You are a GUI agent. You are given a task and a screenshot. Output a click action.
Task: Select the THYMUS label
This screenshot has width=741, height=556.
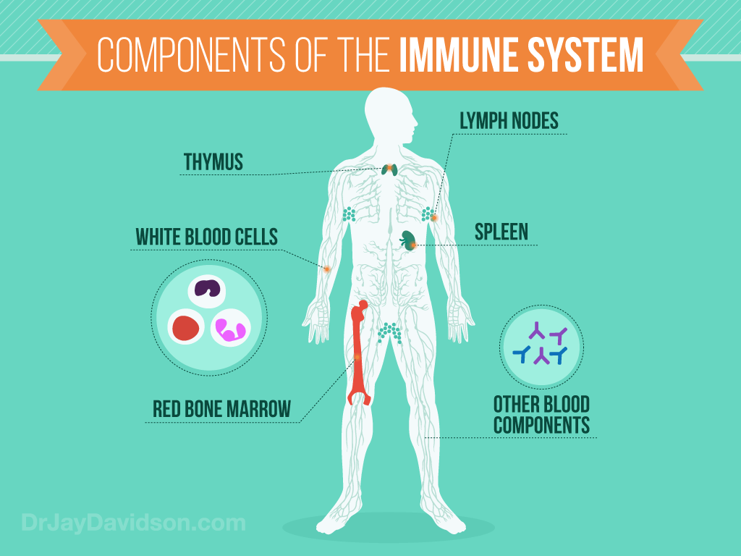(213, 163)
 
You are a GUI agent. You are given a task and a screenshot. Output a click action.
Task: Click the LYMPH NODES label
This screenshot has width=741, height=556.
(509, 121)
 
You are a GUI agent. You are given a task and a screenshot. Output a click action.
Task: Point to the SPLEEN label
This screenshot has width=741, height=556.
(501, 232)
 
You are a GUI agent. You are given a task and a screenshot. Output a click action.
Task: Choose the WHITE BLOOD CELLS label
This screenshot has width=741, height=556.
(206, 237)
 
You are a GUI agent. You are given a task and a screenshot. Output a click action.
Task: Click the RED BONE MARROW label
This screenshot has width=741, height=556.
(221, 409)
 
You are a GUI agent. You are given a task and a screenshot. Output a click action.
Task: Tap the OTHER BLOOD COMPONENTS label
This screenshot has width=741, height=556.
(541, 415)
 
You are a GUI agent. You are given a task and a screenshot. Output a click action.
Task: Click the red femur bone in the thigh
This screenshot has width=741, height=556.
(358, 355)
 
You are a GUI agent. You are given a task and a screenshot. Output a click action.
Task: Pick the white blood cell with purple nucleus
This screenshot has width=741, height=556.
(208, 290)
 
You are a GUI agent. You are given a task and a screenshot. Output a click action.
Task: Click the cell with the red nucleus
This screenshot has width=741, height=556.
(187, 328)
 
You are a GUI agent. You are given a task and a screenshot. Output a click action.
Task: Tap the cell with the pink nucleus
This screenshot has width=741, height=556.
(230, 329)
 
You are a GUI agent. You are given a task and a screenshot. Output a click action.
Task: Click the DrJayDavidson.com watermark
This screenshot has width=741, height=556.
(133, 523)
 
